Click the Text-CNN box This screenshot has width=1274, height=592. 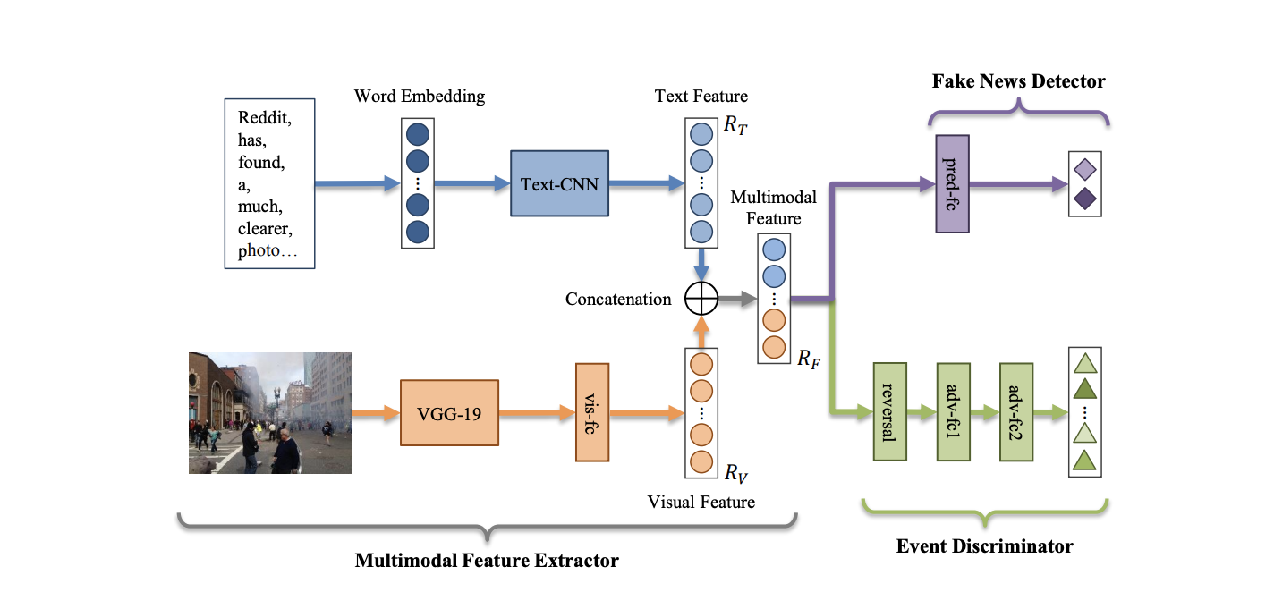point(560,183)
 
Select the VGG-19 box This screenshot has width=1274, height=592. point(449,413)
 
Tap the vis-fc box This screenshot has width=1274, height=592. point(592,412)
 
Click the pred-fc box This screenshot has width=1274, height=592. point(951,184)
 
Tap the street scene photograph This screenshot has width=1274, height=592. point(269,412)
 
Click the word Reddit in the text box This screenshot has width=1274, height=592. point(264,116)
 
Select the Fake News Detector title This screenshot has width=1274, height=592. point(1018,81)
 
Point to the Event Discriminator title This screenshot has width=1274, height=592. point(984,545)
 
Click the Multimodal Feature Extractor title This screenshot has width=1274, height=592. point(487,562)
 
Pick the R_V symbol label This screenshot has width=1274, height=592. point(735,472)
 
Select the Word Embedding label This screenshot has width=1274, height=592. point(420,96)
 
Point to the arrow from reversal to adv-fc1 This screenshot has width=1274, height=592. point(922,412)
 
